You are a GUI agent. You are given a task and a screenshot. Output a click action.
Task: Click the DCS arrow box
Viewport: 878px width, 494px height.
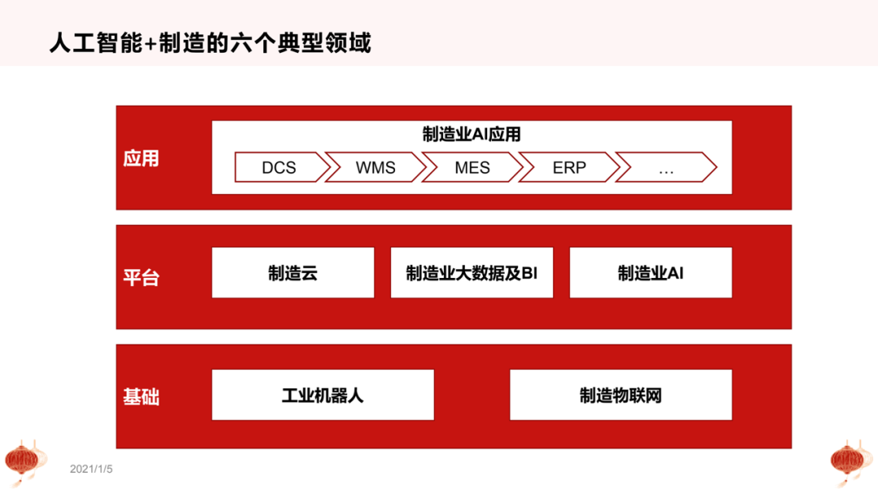click(279, 168)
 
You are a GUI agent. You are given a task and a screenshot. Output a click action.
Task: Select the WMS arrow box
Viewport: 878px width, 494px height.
click(376, 168)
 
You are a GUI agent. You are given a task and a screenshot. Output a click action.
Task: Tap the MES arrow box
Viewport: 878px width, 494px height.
click(472, 168)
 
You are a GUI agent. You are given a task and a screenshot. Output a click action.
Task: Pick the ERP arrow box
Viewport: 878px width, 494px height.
click(569, 168)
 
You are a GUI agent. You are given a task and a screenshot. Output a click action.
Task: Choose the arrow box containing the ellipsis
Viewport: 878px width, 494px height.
click(666, 168)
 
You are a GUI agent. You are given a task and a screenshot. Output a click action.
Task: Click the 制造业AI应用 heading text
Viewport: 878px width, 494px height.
click(472, 135)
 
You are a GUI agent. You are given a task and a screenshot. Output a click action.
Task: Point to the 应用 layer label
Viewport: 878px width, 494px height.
click(141, 158)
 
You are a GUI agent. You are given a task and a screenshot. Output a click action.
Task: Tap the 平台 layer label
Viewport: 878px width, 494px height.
click(141, 277)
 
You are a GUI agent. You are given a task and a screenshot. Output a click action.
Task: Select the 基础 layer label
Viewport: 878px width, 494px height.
click(141, 396)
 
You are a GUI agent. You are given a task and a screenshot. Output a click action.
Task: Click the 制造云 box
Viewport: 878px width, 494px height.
click(293, 273)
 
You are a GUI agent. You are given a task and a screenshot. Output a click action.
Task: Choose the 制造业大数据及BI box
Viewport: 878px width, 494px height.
click(472, 273)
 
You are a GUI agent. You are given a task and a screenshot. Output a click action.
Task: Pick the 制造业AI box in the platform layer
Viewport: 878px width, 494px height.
click(650, 273)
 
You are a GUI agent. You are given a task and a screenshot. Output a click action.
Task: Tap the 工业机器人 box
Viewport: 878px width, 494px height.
click(323, 395)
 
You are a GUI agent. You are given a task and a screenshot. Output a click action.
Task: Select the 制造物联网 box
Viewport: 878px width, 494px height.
click(620, 395)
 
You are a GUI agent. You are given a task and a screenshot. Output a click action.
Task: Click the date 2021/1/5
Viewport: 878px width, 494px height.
click(91, 469)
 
